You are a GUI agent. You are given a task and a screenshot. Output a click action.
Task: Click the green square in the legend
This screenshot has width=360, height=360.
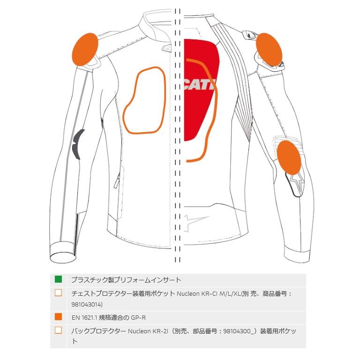pos(58,280)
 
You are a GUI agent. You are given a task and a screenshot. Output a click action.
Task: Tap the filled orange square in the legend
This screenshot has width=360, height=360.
pos(58,317)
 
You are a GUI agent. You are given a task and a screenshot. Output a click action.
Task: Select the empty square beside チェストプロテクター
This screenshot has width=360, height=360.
pos(58,293)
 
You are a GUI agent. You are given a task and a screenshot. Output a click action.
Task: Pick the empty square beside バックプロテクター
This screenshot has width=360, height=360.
pos(58,330)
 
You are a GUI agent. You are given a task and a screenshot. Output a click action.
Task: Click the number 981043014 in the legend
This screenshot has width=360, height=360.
pos(87,304)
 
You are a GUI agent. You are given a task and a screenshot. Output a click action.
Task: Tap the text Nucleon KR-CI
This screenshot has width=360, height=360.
pos(197,294)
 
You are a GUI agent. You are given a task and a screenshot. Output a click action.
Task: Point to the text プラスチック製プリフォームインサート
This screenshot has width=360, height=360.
pos(126,280)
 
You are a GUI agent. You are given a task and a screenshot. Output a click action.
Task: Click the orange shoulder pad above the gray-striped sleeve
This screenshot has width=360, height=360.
pos(86,50)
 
